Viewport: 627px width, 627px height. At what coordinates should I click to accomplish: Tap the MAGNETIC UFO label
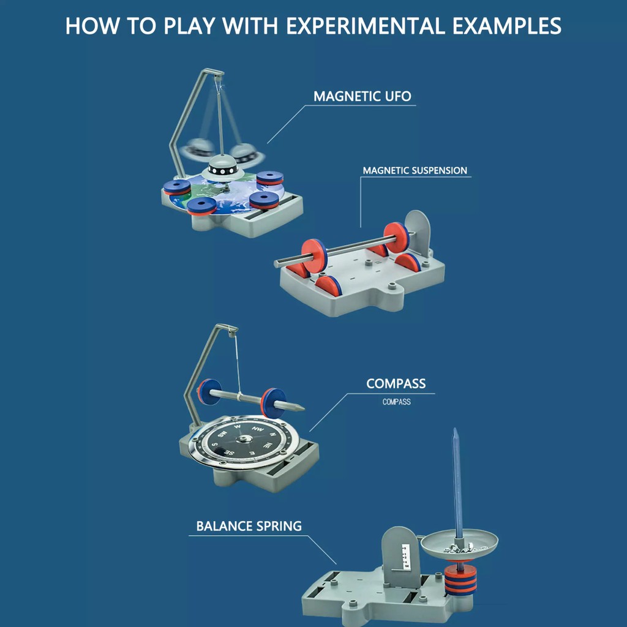(362, 96)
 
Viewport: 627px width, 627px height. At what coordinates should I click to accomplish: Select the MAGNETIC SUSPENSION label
(415, 170)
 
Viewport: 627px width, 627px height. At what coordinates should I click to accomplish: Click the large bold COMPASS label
(396, 383)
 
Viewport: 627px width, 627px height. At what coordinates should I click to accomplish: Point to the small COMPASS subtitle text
(396, 402)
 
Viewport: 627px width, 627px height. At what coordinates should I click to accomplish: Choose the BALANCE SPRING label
(249, 526)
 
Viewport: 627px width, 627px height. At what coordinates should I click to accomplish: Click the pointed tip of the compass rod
(303, 408)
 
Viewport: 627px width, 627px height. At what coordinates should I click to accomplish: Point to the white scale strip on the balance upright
(405, 556)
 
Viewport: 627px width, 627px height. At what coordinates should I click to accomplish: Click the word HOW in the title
(92, 26)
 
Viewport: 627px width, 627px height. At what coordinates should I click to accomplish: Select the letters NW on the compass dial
(258, 429)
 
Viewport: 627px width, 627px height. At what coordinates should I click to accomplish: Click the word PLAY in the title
(189, 26)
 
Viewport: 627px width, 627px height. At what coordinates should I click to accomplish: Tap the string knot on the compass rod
(239, 396)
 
